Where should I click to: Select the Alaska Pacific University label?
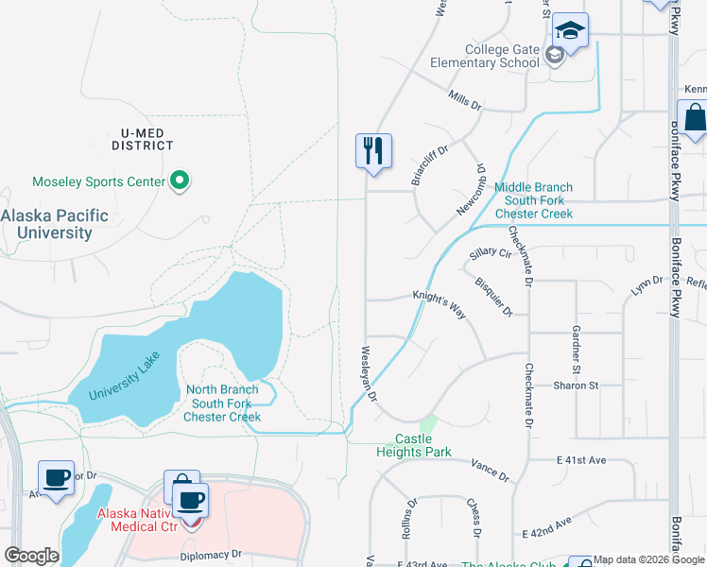pos(54,224)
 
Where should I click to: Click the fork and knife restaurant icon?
pos(373,150)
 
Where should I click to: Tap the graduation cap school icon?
pos(570,31)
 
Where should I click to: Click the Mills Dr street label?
pos(465,97)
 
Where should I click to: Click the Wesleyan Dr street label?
pos(369,370)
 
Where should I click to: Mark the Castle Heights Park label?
pos(413,445)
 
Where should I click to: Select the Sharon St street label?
pos(576,386)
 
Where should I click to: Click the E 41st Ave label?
pos(580,460)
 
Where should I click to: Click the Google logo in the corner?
pos(31,556)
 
